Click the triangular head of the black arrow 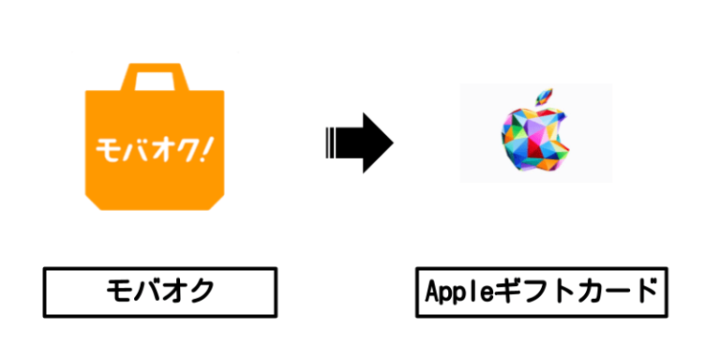(x=376, y=142)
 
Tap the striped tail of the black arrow (x=332, y=142)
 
